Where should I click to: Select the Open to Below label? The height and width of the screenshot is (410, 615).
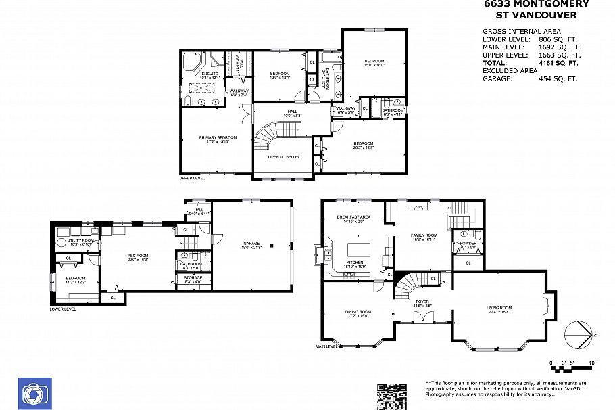[x=284, y=156]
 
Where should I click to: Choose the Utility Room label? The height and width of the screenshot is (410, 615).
[x=80, y=240]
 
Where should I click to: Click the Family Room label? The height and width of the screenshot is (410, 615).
[x=424, y=235]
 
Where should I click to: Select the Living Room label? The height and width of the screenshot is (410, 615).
[x=499, y=308]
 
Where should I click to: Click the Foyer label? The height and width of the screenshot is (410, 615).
[x=422, y=302]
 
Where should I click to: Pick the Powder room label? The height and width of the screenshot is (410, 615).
[x=468, y=243]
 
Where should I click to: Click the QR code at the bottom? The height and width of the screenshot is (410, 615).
[x=391, y=396]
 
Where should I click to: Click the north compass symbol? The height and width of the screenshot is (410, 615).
[x=578, y=334]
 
